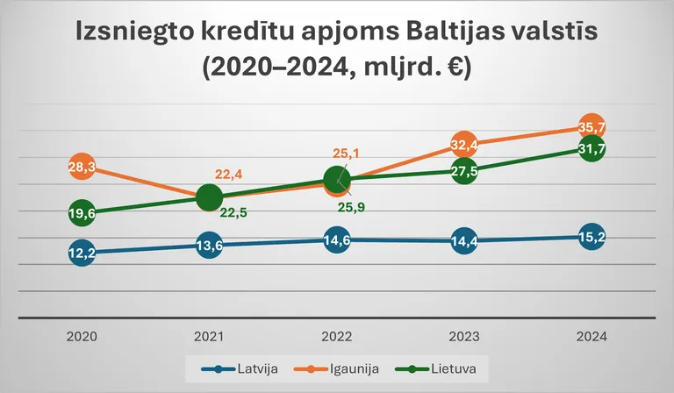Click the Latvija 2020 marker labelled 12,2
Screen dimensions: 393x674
tap(82, 253)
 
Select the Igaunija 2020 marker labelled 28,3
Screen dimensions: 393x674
tap(82, 167)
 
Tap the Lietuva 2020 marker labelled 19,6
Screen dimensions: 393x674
tap(82, 212)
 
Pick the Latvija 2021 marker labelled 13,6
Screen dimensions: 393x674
tap(209, 246)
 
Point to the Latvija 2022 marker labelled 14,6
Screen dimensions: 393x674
tap(336, 239)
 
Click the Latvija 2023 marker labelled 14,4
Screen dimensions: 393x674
tap(464, 241)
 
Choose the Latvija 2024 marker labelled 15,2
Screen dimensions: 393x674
tap(592, 236)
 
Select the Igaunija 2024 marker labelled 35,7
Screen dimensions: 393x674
tap(592, 126)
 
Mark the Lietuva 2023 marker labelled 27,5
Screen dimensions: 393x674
tap(464, 170)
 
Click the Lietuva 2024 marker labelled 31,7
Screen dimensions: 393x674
tap(592, 148)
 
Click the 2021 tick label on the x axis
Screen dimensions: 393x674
tap(209, 337)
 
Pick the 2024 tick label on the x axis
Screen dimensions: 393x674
tap(592, 337)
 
